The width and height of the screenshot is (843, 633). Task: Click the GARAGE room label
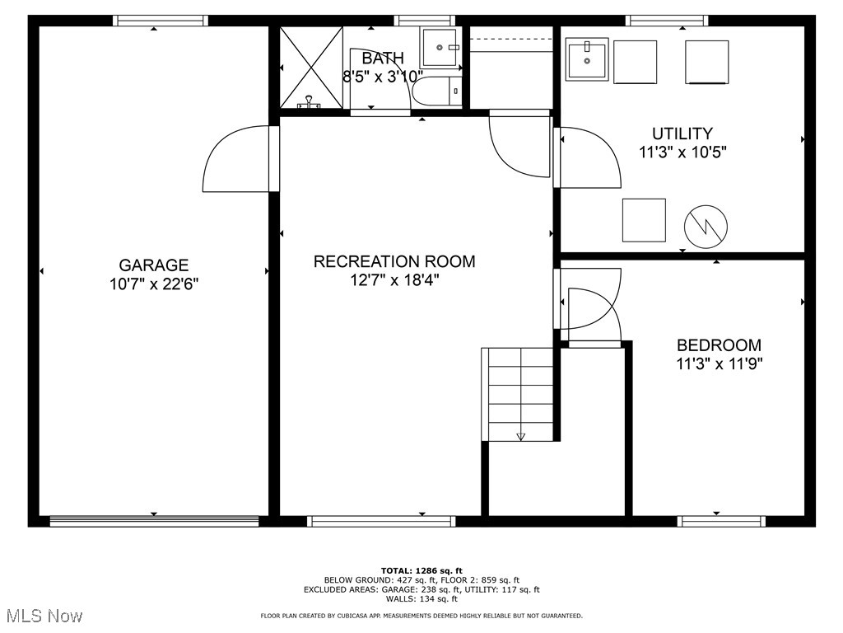point(154,265)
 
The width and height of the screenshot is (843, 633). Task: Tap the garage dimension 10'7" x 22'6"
point(154,284)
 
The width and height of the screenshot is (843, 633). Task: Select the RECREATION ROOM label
point(394,262)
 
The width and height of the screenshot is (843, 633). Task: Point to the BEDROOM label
point(719,345)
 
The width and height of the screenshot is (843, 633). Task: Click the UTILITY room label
point(682,134)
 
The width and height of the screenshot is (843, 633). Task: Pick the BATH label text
point(383,59)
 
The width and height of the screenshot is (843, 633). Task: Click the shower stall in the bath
point(311,68)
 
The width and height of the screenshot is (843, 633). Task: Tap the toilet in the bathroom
point(437,91)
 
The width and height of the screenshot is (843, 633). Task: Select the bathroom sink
point(440,47)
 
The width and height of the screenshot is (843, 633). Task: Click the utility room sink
point(587,59)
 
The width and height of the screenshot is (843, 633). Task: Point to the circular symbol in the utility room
point(706,226)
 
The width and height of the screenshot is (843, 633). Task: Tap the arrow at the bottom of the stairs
point(520,437)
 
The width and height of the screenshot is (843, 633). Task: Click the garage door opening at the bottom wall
point(154,521)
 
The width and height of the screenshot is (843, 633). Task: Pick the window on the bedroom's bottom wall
point(721,521)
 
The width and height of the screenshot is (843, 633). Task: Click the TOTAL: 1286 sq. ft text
point(421,570)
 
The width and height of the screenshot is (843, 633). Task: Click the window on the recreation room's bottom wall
point(381,521)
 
